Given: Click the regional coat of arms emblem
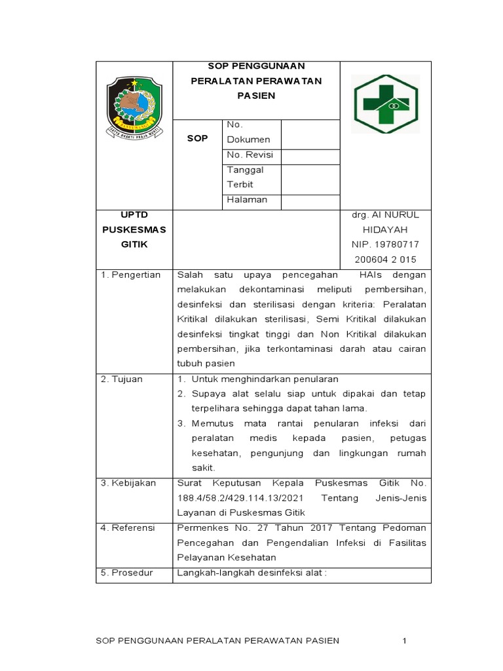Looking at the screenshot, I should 134,106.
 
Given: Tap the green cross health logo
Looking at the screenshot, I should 386,104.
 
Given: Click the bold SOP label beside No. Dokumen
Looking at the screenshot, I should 197,138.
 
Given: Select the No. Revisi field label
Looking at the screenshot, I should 250,155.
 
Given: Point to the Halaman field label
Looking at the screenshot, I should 247,200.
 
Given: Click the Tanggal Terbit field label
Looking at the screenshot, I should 245,177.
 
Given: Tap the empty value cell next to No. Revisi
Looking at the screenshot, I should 310,156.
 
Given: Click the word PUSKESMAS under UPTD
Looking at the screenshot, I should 134,229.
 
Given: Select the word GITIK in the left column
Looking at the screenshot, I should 134,244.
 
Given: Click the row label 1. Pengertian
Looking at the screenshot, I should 130,275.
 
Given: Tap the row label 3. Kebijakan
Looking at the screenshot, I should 128,483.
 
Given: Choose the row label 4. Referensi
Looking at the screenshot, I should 128,527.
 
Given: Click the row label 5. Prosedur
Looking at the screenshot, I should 126,572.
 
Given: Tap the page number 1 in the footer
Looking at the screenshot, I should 405,640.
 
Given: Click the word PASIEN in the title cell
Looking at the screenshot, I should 256,96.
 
